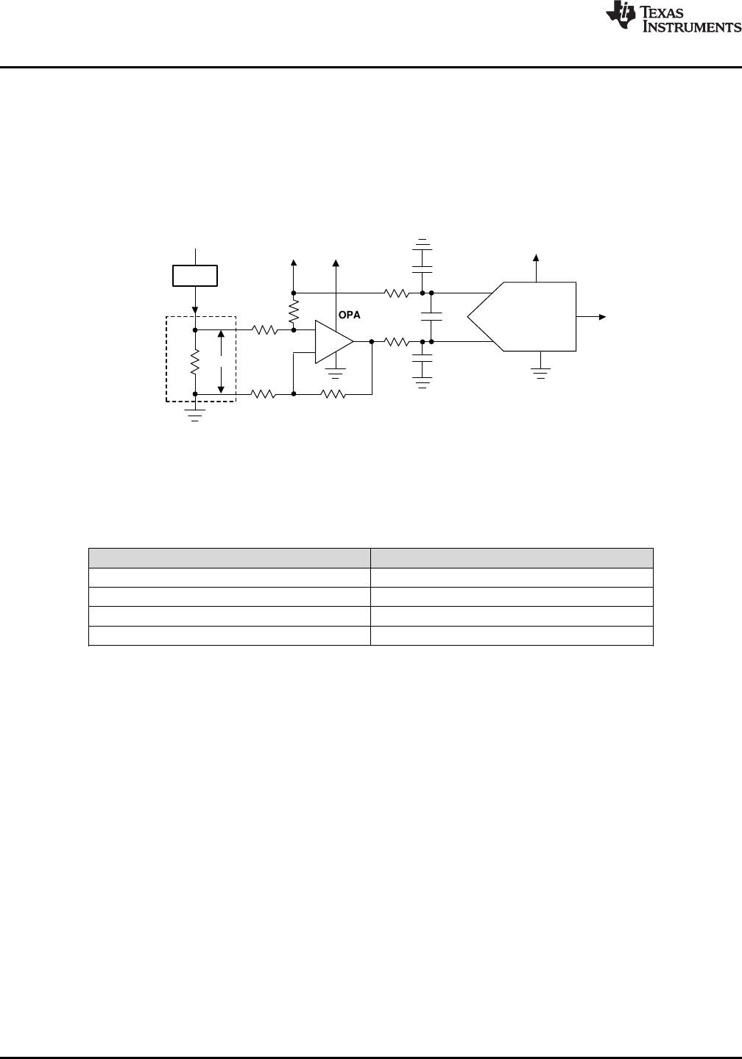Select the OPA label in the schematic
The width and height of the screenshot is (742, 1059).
pyautogui.click(x=349, y=315)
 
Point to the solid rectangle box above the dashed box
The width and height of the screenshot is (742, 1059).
pyautogui.click(x=194, y=276)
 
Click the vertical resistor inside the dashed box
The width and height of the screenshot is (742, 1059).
pyautogui.click(x=194, y=361)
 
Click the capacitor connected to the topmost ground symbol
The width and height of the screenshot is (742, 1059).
pyautogui.click(x=423, y=259)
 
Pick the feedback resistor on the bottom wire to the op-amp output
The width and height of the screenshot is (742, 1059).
pyautogui.click(x=334, y=394)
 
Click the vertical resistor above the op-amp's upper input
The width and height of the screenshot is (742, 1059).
pyautogui.click(x=294, y=312)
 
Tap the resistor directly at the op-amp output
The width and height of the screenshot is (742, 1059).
pyautogui.click(x=397, y=341)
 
